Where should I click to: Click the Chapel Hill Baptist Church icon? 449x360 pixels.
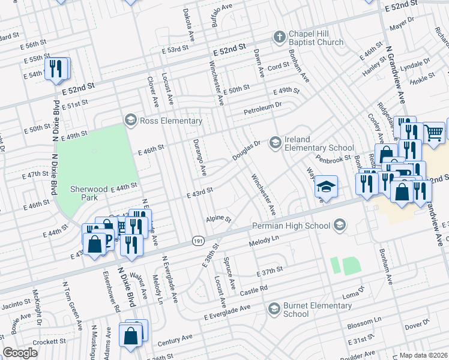click(279, 37)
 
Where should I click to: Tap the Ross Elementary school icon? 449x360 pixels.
click(130, 121)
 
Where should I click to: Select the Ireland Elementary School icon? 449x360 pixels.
click(276, 142)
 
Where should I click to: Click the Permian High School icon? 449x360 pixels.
click(340, 226)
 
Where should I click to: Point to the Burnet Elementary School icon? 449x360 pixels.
click(274, 308)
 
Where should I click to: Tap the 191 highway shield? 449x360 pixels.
click(197, 240)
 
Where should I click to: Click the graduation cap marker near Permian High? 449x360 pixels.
click(327, 187)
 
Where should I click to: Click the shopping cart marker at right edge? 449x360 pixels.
click(434, 132)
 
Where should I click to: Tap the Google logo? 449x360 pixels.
click(20, 353)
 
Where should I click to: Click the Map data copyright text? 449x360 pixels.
click(423, 355)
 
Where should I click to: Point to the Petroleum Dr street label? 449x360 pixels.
click(262, 109)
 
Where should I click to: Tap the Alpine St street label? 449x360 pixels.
click(218, 219)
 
